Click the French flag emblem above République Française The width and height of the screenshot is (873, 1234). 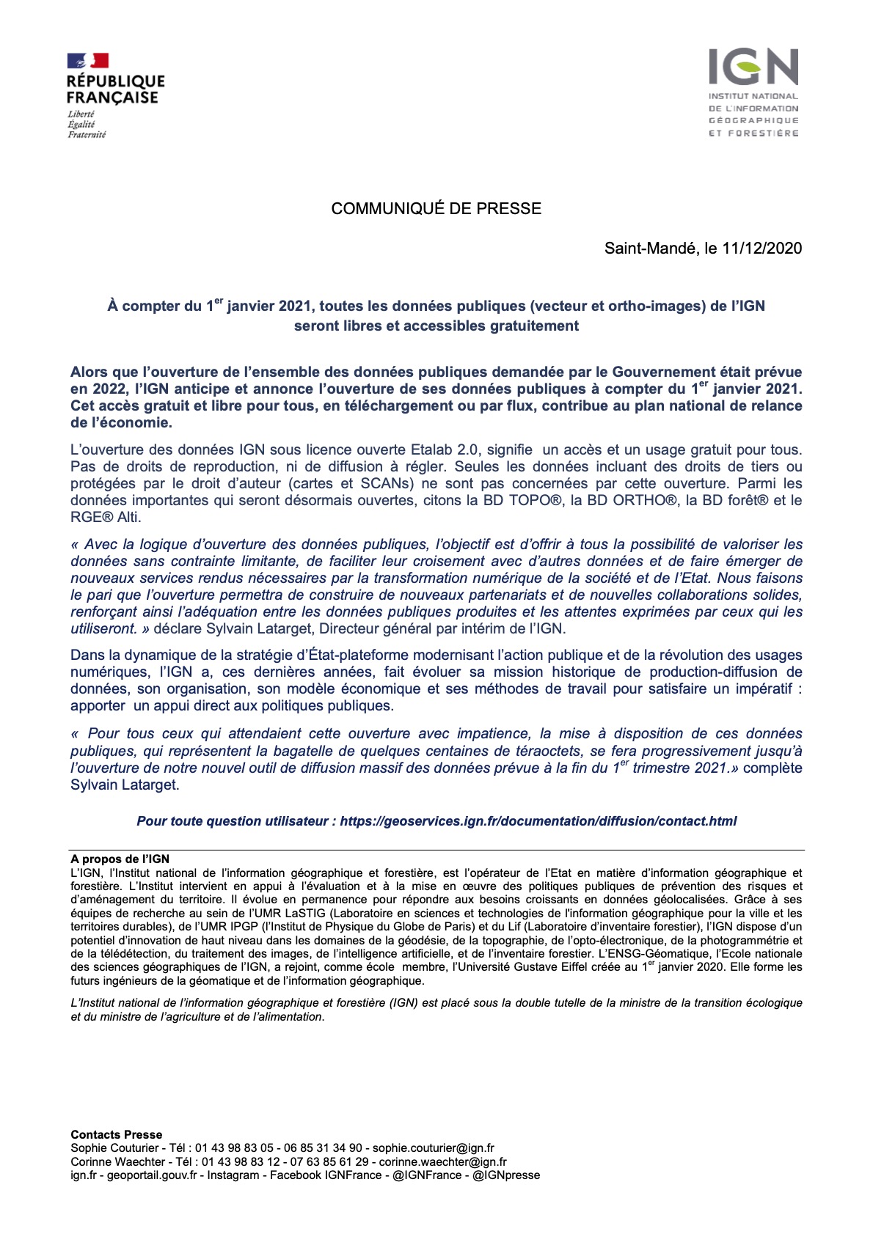coord(88,61)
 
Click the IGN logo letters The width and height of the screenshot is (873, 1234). coord(753,67)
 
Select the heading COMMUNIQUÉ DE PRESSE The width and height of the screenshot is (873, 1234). coord(436,209)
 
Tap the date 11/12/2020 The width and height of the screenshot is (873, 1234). coord(761,249)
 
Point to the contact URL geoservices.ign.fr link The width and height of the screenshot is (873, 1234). coord(538,821)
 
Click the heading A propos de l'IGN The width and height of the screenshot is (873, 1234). coord(120,859)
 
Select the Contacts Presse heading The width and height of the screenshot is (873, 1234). coord(116,1135)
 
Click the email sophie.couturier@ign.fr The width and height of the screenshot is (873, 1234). coord(433,1148)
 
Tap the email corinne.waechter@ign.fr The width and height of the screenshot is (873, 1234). coord(442,1162)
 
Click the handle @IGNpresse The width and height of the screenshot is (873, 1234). coord(506,1175)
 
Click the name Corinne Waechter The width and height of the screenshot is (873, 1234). coord(117,1162)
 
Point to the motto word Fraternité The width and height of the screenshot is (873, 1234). coord(87,135)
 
